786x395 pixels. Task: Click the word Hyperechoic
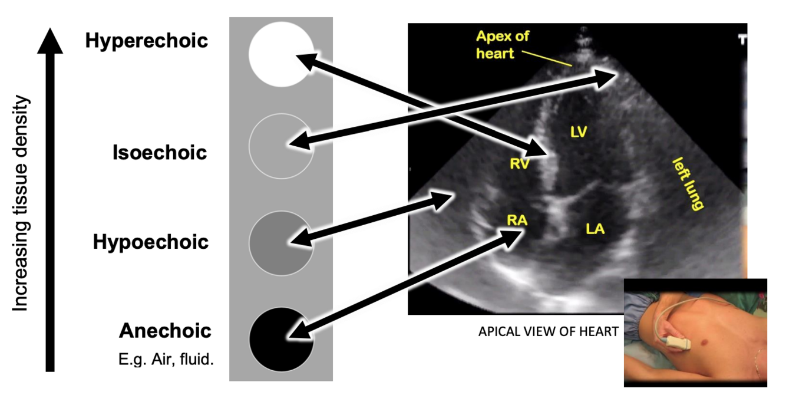coord(146,41)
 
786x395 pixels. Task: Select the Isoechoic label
coord(160,153)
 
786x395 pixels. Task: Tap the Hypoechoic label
coord(151,242)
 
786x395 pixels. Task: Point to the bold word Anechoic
coord(165,331)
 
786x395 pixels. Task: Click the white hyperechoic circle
coord(280,54)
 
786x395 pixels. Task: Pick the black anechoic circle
coord(281,340)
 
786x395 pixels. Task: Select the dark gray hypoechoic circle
coord(281,242)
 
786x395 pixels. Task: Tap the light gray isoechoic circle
coord(281,146)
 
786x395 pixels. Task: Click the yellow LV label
coord(579,132)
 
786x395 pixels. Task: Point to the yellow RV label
coord(520,164)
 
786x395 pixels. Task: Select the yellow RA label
coord(517,220)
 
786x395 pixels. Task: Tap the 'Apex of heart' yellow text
coord(503,44)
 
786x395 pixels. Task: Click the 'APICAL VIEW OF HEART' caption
coord(548,332)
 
